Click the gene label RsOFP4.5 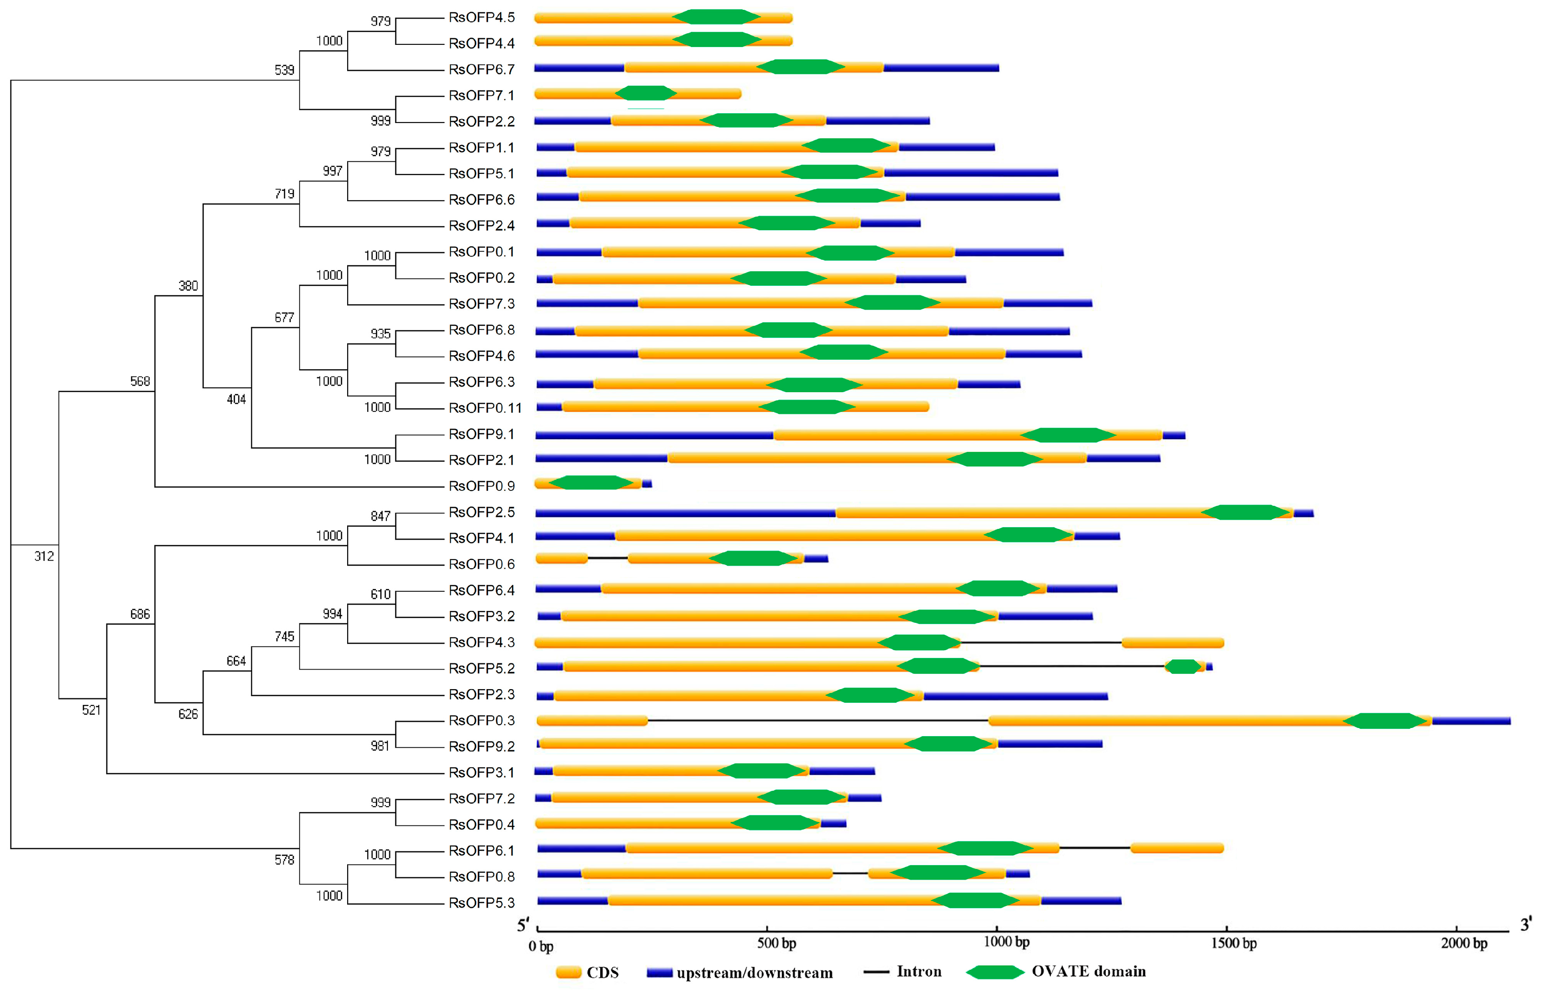click(481, 18)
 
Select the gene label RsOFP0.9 click(481, 486)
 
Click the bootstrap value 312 click(44, 556)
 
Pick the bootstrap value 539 click(284, 70)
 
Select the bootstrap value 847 click(380, 516)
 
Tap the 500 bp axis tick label click(776, 944)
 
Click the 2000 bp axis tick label click(1464, 944)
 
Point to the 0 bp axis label click(541, 946)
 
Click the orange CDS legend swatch click(569, 972)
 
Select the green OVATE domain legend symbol click(994, 972)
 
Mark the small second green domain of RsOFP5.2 click(1183, 667)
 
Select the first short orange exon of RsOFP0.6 click(561, 558)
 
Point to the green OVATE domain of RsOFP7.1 click(645, 94)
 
